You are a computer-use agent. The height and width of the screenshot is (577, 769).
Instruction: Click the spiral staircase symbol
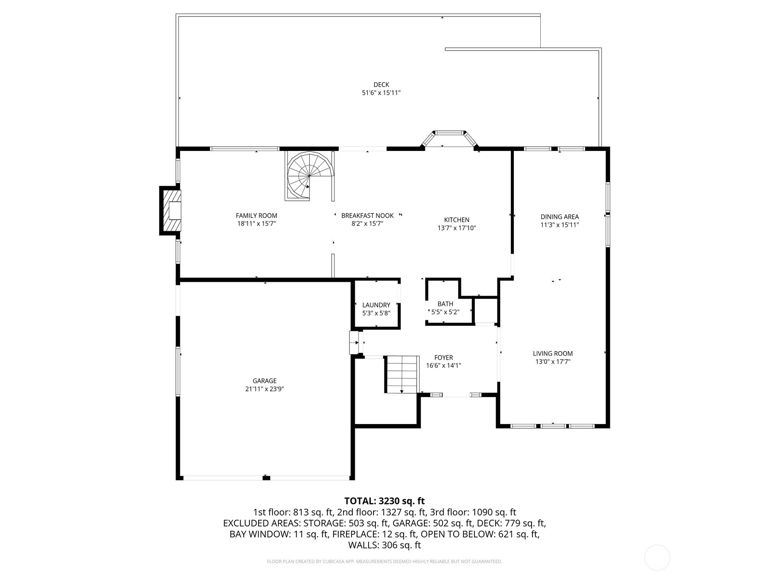[x=308, y=176]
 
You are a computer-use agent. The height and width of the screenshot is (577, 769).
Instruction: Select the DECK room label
[x=381, y=85]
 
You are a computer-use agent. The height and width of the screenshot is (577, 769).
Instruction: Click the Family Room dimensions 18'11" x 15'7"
[x=257, y=224]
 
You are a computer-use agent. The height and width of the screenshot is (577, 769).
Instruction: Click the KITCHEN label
[x=456, y=220]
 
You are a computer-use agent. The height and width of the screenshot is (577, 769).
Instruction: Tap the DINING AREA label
[x=559, y=216]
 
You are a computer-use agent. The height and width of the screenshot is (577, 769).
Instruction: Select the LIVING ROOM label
[x=553, y=353]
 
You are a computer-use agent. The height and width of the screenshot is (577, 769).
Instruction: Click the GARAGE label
[x=264, y=381]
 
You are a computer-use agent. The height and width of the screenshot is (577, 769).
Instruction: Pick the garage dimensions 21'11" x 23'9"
[x=264, y=389]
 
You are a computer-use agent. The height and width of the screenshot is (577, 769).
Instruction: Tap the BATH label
[x=445, y=304]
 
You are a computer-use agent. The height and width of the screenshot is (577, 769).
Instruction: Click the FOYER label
[x=443, y=357]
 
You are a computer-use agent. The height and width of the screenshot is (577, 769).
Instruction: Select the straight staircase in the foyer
[x=402, y=374]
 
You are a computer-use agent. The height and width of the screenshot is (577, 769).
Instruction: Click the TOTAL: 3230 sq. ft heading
[x=384, y=501]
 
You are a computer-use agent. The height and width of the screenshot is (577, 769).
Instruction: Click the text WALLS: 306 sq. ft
[x=384, y=545]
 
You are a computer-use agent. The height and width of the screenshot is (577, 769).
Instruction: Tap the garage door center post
[x=266, y=477]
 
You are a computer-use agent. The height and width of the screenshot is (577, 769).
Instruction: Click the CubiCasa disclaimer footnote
[x=384, y=561]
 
